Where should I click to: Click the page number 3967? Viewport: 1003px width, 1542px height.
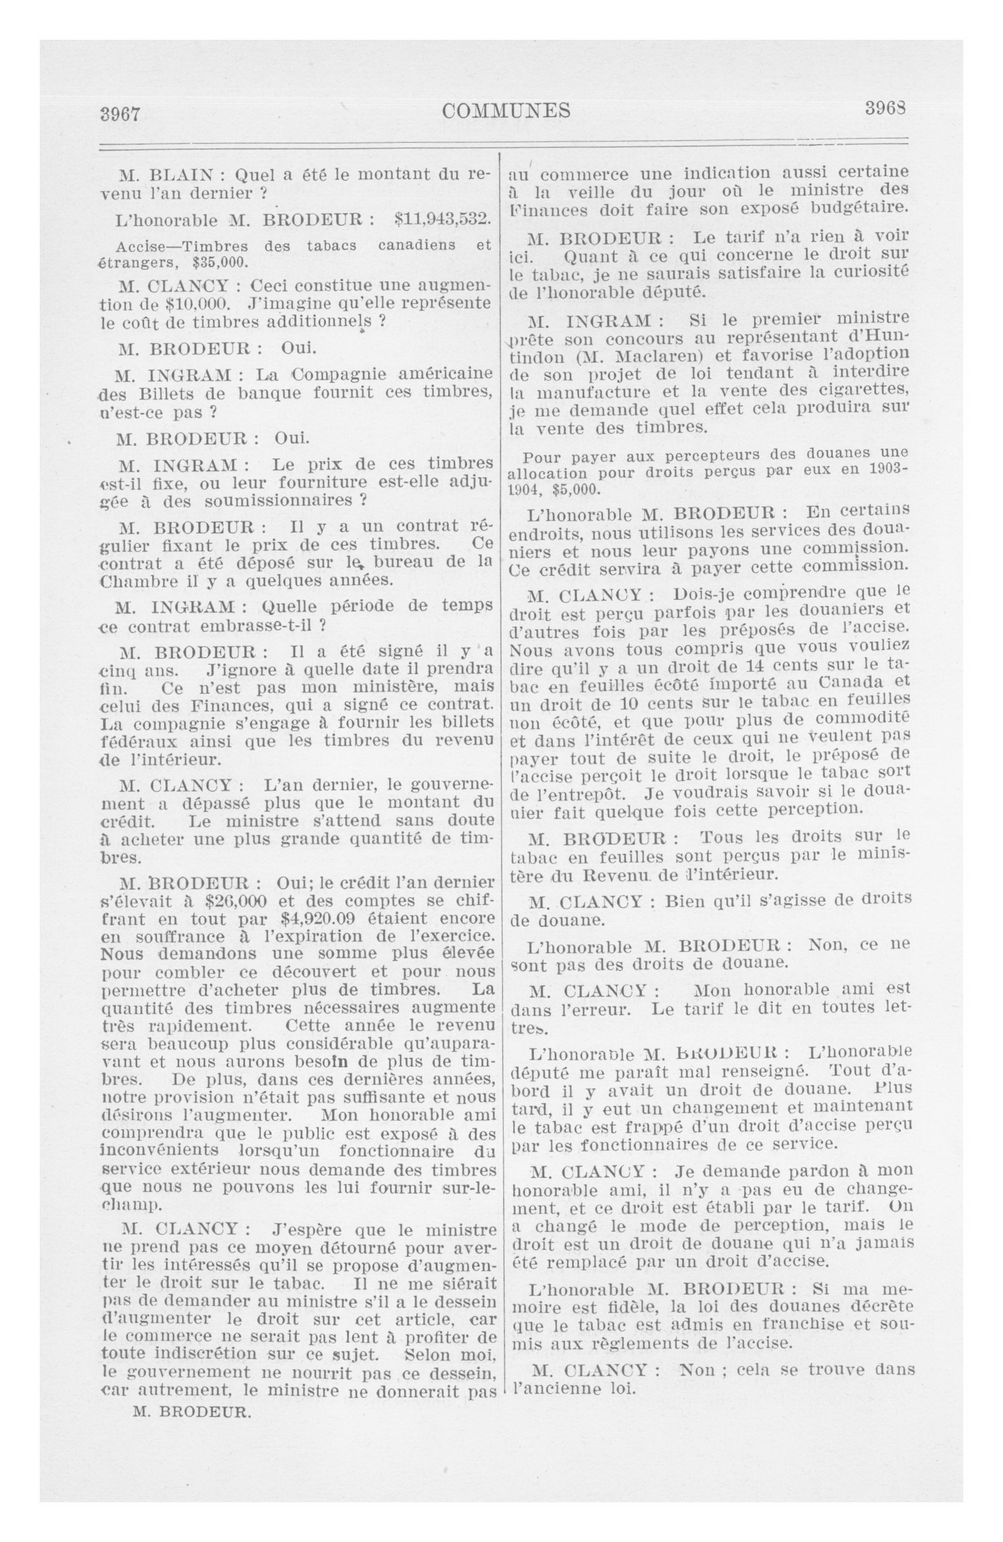pyautogui.click(x=120, y=114)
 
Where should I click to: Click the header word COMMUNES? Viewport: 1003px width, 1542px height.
pyautogui.click(x=506, y=111)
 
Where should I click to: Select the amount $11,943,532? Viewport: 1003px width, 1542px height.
pyautogui.click(x=443, y=219)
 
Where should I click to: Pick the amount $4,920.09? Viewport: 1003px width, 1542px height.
pyautogui.click(x=327, y=919)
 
